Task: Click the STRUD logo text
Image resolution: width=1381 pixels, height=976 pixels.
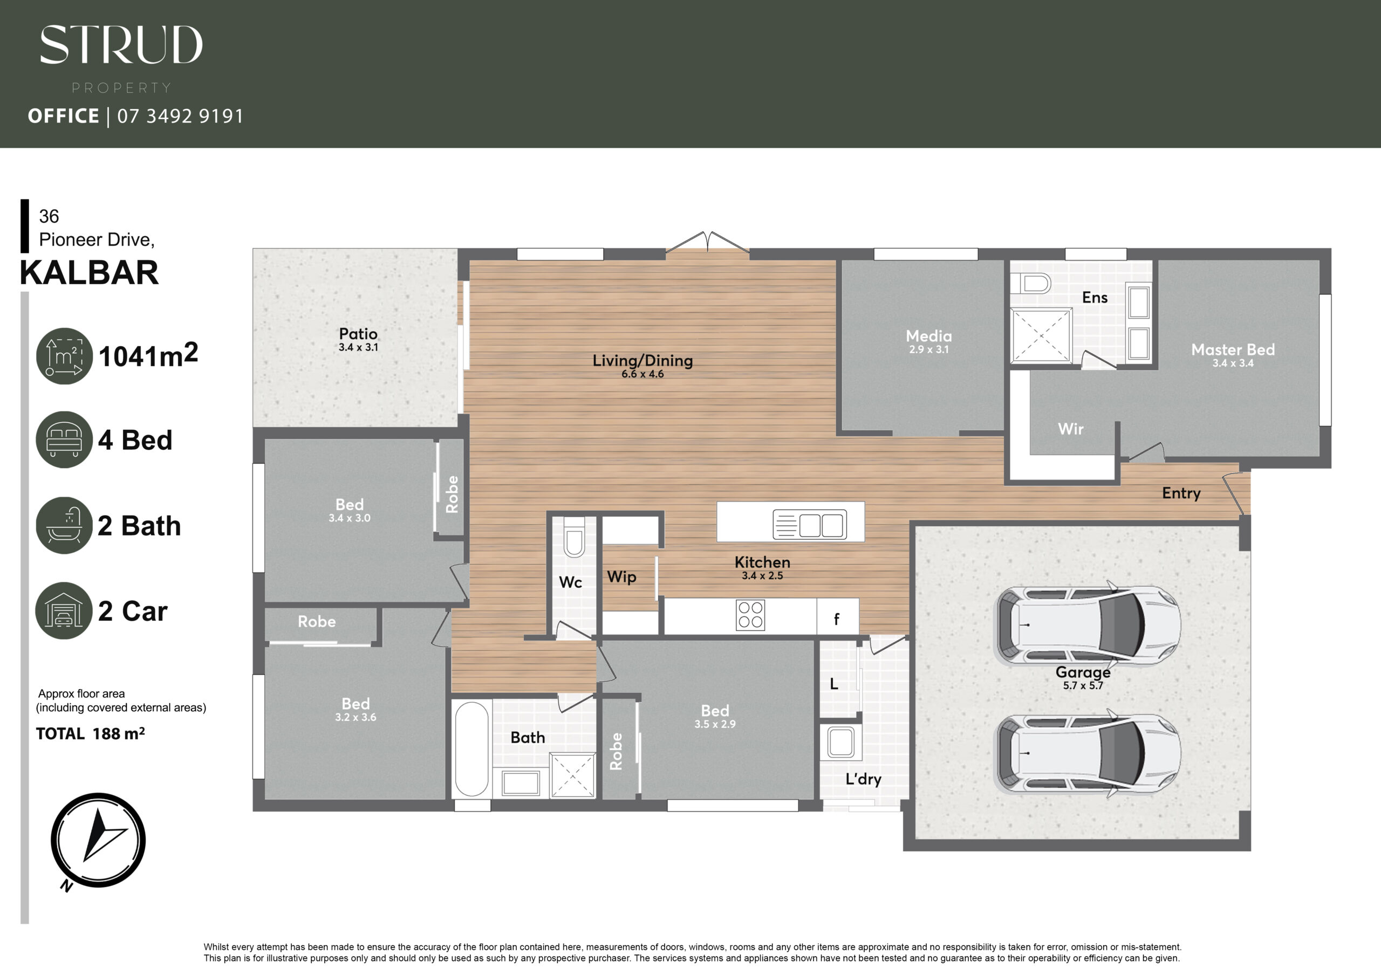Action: pos(121,45)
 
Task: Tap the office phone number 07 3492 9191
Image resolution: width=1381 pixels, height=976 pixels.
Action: pos(180,115)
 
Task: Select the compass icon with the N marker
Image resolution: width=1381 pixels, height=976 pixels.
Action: pos(98,840)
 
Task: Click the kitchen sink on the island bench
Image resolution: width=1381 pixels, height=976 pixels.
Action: pos(810,524)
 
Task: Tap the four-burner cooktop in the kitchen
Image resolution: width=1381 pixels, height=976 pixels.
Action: pos(750,615)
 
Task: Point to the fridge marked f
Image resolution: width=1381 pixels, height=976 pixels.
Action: pos(837,617)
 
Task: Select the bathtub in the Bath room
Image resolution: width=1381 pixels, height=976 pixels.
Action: pos(471,748)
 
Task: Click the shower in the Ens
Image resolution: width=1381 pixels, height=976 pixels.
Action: pos(1041,335)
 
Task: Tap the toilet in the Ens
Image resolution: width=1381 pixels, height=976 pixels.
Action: pos(1030,283)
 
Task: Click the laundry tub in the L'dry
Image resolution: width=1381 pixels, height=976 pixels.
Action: pos(840,742)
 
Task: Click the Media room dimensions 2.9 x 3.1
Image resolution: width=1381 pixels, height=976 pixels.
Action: pos(929,349)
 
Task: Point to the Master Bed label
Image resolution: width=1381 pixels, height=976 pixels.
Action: pos(1233,349)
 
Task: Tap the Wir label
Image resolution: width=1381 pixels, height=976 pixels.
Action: pos(1071,429)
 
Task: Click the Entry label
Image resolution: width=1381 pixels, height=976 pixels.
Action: pos(1181,493)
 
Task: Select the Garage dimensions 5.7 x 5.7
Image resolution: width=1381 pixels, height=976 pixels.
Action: pos(1083,685)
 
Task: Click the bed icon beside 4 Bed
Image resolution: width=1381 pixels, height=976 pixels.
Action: pos(64,439)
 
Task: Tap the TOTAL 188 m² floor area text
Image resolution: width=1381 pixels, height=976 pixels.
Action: pos(90,734)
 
